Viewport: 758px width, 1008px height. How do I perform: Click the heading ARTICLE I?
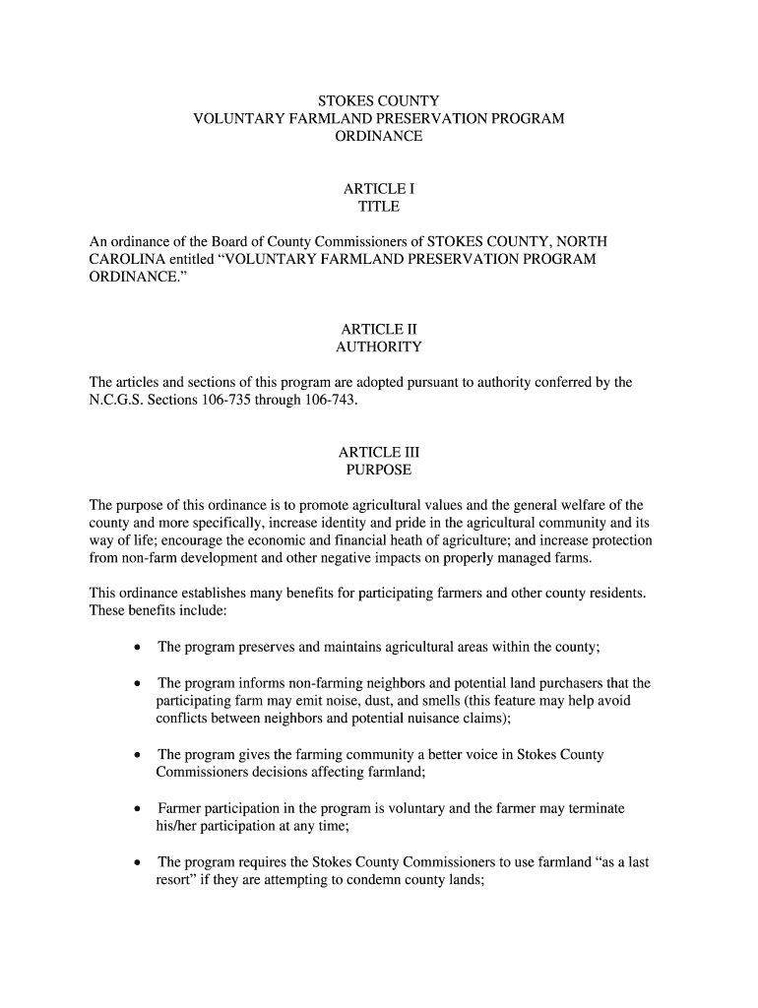378,187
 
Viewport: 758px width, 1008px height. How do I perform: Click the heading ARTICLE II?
378,328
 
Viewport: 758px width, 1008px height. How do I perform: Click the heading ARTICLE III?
378,452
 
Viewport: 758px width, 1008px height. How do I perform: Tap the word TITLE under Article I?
378,206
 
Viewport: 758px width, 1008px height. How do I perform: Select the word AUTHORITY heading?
378,346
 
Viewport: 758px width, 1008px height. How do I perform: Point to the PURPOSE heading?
378,471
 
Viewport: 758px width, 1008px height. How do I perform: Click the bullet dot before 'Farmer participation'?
136,809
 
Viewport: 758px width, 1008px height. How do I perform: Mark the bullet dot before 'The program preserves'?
136,648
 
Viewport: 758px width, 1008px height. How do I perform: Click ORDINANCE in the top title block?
378,137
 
